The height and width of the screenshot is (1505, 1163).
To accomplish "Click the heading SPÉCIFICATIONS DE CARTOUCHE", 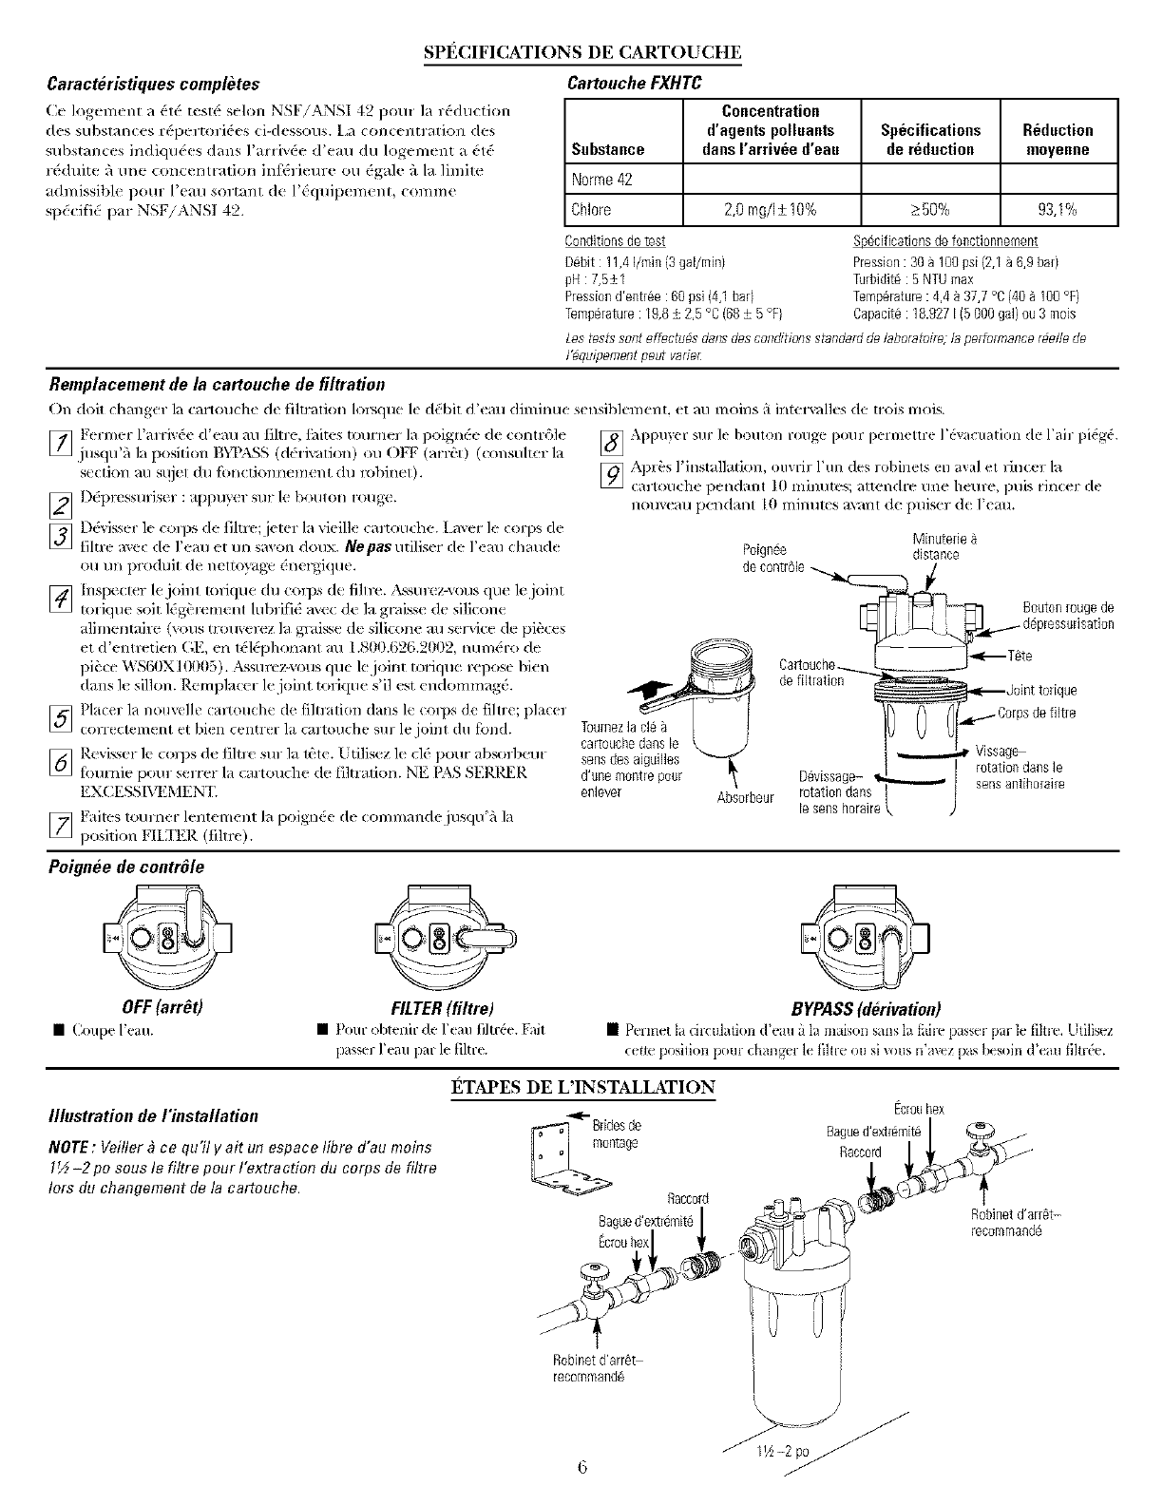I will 581,50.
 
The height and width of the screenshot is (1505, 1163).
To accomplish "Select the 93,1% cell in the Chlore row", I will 1060,209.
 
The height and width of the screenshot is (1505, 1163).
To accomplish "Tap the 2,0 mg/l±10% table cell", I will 772,209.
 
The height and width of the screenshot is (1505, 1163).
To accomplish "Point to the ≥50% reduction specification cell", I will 930,209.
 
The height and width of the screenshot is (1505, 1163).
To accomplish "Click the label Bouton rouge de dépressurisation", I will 1067,616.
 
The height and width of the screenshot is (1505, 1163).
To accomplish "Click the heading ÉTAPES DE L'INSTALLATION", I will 581,1086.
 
